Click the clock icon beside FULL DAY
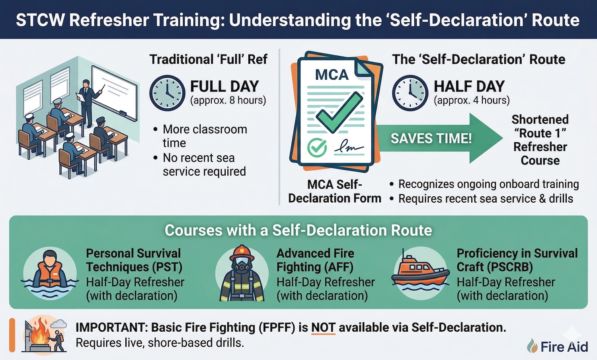click(x=167, y=93)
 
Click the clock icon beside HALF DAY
click(x=410, y=93)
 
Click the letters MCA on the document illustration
click(x=332, y=74)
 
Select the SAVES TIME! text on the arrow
click(x=431, y=139)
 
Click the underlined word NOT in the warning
click(x=323, y=328)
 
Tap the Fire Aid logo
click(x=558, y=346)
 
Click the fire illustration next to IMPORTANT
click(x=42, y=334)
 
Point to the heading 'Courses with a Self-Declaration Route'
click(x=298, y=231)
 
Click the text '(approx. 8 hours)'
click(x=228, y=100)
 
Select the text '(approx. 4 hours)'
click(x=472, y=100)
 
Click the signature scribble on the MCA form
click(x=349, y=148)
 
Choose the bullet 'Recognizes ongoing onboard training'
click(x=488, y=184)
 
